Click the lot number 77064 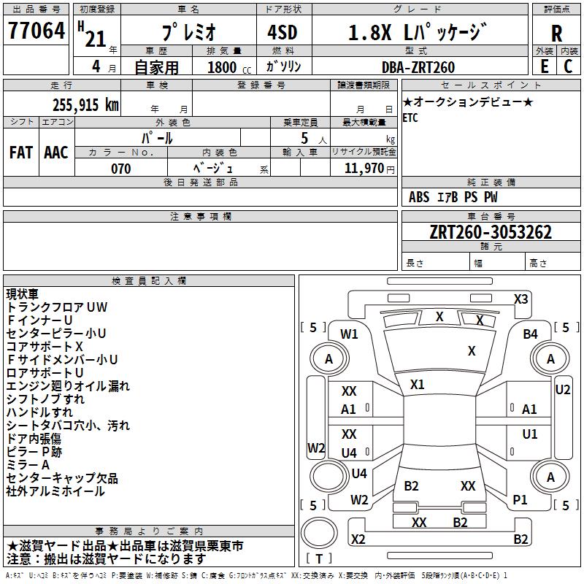36,32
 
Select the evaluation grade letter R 556,34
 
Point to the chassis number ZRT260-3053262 491,232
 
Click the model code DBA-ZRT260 418,67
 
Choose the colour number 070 121,169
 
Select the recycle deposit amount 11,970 364,169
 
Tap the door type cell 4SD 283,34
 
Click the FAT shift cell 21,153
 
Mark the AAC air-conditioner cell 56,153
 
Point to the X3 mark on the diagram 521,299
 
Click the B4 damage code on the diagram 530,334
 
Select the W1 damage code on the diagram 350,334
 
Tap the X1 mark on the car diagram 418,384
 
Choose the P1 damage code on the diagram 520,500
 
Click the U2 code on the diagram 562,390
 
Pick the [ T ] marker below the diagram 319,558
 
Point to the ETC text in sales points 411,118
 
